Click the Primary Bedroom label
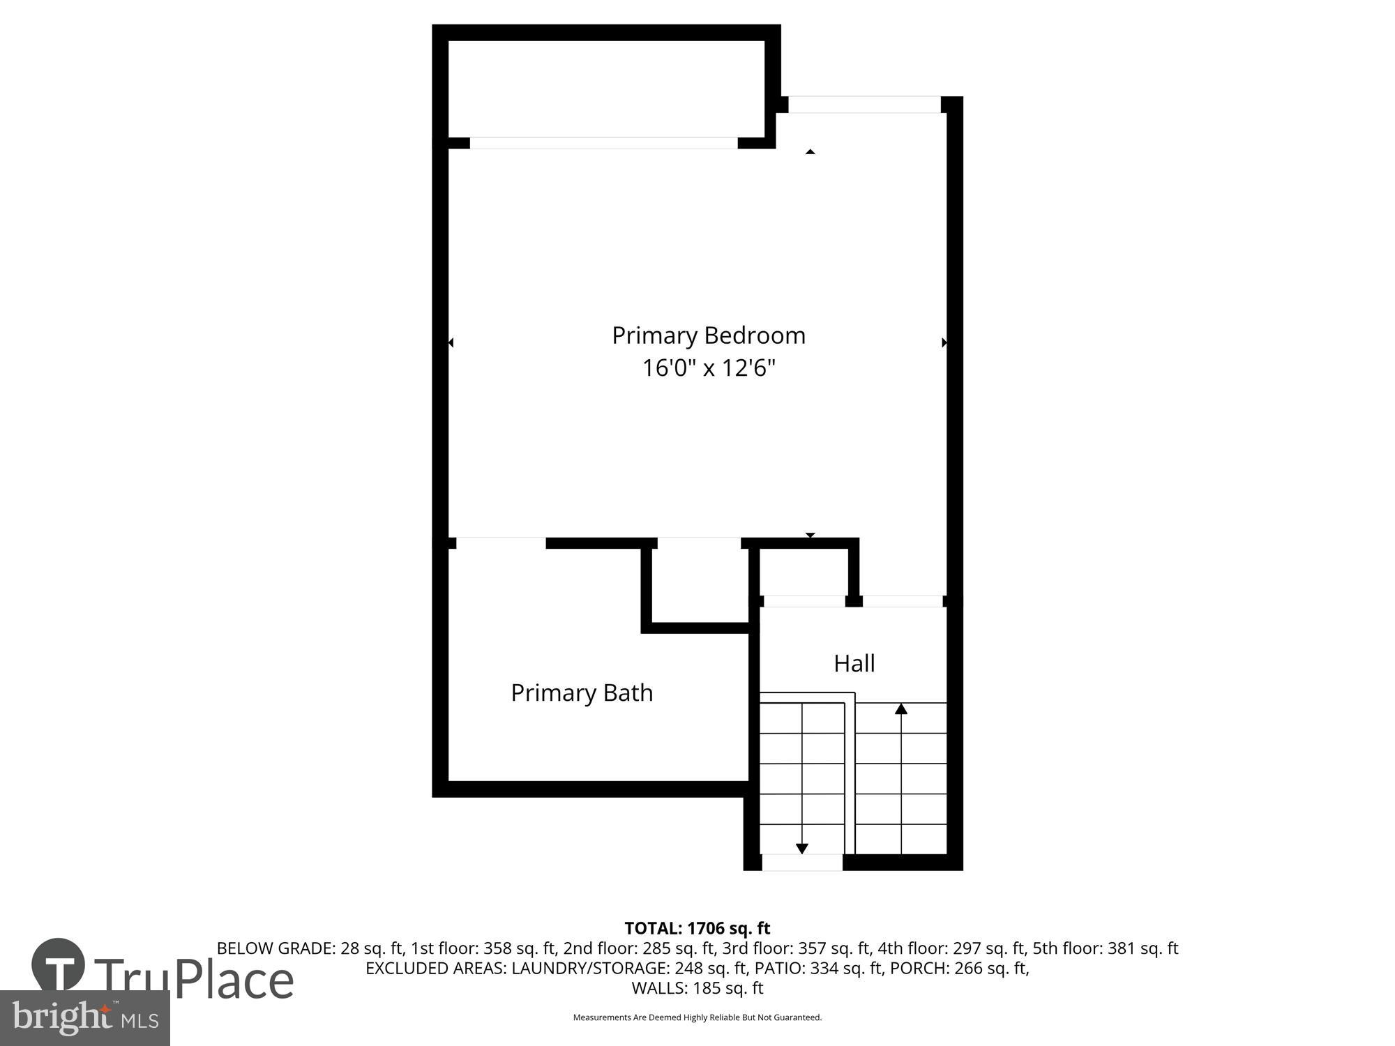coord(709,335)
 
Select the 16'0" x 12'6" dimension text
coord(709,367)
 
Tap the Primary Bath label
coord(582,693)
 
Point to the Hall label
coord(854,663)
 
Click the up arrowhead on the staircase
coord(901,709)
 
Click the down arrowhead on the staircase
coord(802,848)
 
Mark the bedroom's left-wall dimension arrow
coord(451,342)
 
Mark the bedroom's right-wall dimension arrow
coord(944,342)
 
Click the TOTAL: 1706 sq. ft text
coord(697,928)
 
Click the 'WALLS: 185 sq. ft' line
coord(697,988)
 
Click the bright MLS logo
coord(84,1018)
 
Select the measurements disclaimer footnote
coord(697,1017)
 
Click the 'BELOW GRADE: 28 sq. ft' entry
coord(310,948)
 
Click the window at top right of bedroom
coord(864,105)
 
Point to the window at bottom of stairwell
coord(802,863)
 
